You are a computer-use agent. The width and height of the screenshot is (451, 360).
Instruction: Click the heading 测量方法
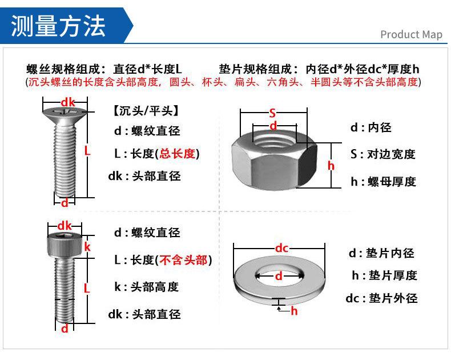[59, 25]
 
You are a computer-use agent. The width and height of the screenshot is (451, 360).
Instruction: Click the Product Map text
[411, 35]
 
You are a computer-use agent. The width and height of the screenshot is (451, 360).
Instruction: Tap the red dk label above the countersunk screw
[68, 102]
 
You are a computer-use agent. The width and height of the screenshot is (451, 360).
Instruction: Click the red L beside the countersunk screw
[87, 151]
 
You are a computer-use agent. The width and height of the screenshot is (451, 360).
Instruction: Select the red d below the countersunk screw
[65, 203]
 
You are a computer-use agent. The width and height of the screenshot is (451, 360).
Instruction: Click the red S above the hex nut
[273, 113]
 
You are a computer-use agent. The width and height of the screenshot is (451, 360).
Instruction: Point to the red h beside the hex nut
[331, 166]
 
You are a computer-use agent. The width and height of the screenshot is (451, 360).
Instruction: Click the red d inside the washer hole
[279, 276]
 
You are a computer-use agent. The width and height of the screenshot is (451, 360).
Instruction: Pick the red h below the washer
[294, 311]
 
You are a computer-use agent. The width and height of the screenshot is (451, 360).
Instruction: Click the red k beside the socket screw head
[87, 247]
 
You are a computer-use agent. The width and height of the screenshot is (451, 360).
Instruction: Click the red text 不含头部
[184, 260]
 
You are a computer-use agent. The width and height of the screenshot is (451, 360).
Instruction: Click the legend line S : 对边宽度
[382, 154]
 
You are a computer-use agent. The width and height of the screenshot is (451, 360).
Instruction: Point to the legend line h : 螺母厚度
[383, 182]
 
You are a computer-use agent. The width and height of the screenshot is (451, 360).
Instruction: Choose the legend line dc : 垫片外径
[381, 298]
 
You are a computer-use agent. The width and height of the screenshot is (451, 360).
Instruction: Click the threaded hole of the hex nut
[273, 139]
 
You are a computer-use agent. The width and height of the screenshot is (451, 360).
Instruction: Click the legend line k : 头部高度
[147, 287]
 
